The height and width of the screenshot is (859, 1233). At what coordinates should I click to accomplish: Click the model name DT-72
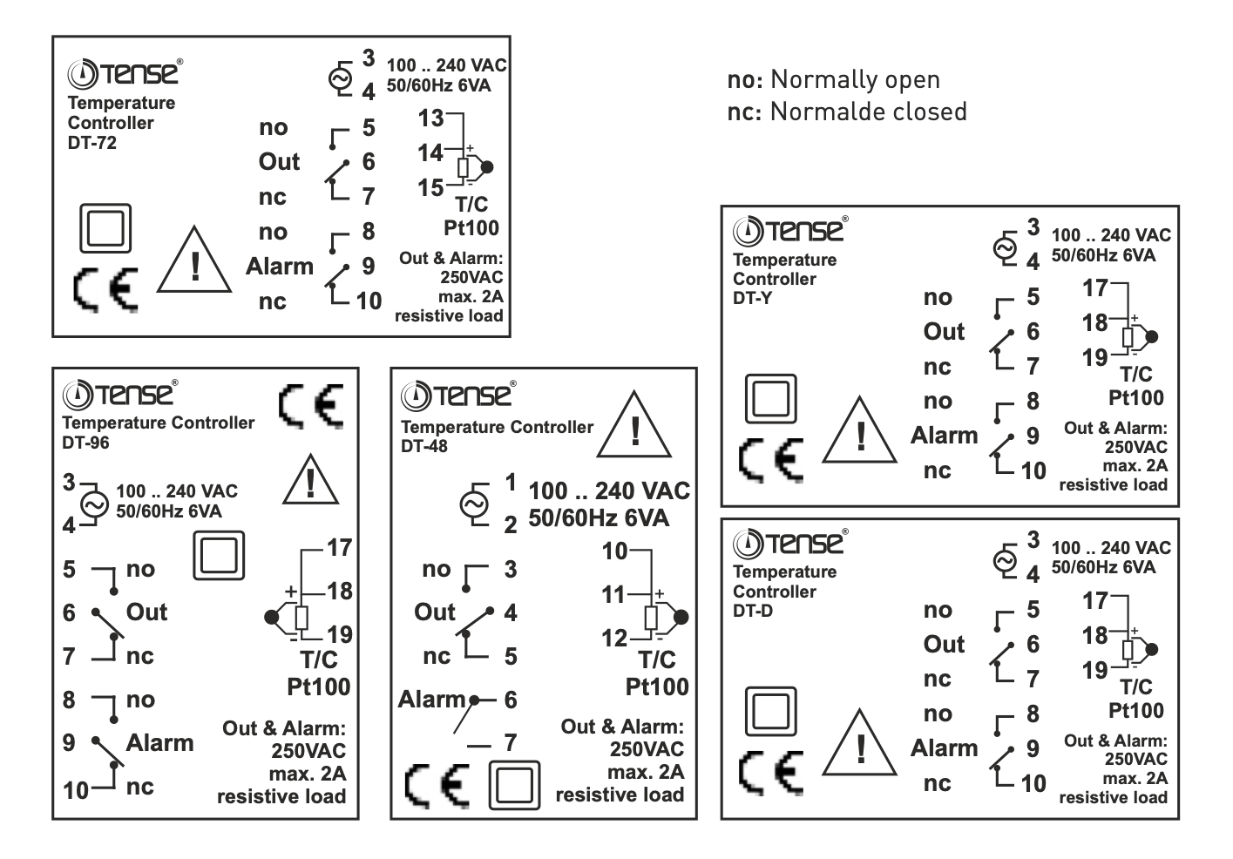click(91, 143)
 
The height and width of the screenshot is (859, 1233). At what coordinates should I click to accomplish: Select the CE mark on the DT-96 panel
click(311, 406)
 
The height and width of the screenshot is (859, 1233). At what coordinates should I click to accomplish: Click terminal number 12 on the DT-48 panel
click(614, 639)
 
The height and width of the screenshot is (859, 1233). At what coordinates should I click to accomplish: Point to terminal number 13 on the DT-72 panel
click(430, 118)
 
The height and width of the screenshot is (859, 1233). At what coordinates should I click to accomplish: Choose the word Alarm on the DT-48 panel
click(432, 700)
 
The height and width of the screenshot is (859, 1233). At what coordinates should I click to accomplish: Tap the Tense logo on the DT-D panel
click(789, 544)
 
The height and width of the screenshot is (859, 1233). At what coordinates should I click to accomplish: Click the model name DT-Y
click(752, 298)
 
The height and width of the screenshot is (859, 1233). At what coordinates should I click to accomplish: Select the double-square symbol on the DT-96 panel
click(218, 555)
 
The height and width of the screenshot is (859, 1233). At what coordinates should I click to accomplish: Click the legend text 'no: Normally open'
click(833, 79)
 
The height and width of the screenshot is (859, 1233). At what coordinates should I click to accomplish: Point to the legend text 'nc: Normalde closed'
click(847, 112)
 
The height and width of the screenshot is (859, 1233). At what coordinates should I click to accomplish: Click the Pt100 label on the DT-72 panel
click(471, 228)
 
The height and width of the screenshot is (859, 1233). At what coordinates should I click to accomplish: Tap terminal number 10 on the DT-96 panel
click(76, 790)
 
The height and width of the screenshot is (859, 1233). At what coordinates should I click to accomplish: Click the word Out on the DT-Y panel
click(944, 332)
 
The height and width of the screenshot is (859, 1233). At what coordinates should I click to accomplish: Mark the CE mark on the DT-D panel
click(771, 772)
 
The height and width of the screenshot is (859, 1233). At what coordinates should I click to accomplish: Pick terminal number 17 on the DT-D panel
click(1094, 600)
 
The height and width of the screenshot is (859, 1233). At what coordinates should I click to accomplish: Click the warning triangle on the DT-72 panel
click(194, 262)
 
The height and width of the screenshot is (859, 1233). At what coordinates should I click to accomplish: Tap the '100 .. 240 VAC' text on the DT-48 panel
click(609, 491)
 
